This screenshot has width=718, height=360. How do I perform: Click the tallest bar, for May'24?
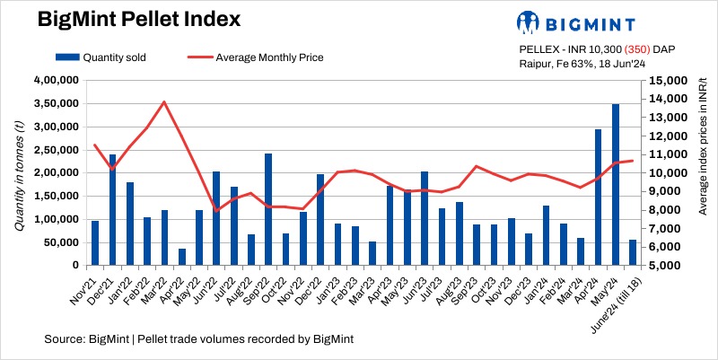tap(615, 185)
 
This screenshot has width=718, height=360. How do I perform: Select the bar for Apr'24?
tap(598, 198)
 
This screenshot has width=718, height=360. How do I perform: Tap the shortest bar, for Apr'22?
tap(182, 257)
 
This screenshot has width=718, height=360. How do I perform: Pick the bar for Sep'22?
tap(268, 209)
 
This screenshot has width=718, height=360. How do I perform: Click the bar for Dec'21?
tap(112, 210)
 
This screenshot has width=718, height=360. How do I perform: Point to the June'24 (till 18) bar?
tap(633, 252)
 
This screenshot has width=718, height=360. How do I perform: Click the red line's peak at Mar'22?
tap(164, 101)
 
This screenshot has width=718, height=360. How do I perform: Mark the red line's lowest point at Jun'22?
tap(216, 211)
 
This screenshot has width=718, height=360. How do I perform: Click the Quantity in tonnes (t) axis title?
tap(19, 173)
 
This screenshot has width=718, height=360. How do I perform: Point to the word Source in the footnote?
tap(61, 338)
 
